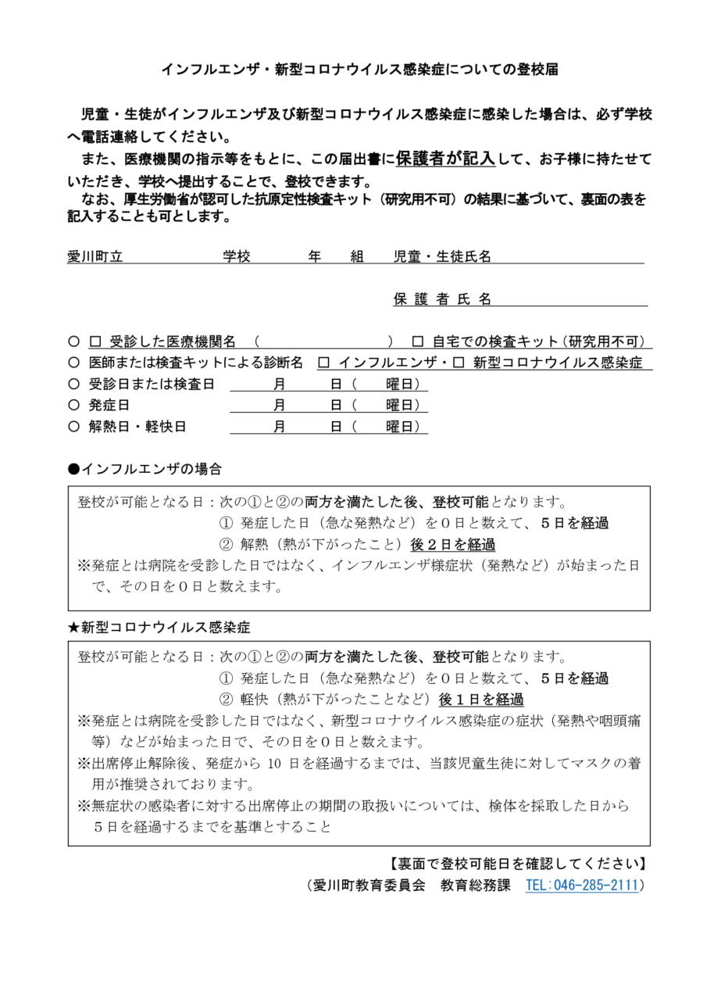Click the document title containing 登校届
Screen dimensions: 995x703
359,70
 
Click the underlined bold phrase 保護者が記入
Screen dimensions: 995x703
445,159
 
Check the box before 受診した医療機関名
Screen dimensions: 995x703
96,342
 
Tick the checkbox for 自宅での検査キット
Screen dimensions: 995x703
418,342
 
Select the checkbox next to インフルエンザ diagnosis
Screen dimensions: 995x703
324,363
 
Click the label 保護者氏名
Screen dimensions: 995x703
442,299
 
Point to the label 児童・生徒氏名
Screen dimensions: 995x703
442,256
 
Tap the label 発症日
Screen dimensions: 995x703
109,406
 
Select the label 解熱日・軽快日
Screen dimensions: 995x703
137,427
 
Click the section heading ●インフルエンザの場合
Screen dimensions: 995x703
145,469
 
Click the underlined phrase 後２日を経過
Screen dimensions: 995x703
452,545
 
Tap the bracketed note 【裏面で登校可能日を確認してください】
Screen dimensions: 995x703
517,864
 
